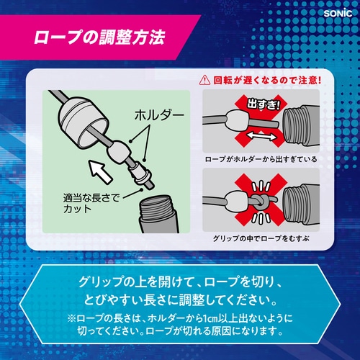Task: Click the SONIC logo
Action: [338, 13]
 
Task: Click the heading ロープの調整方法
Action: [99, 37]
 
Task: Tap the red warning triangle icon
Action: [204, 80]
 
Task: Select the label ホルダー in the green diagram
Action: [159, 115]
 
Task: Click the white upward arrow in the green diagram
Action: [101, 171]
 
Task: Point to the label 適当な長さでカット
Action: [91, 203]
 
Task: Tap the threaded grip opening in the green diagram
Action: [159, 214]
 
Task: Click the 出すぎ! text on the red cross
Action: [264, 104]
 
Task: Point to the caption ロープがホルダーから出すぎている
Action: [261, 159]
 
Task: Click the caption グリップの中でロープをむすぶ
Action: [261, 238]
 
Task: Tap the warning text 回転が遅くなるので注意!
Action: [267, 80]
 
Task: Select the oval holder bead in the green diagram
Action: [119, 151]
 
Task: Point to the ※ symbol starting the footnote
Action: [72, 319]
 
